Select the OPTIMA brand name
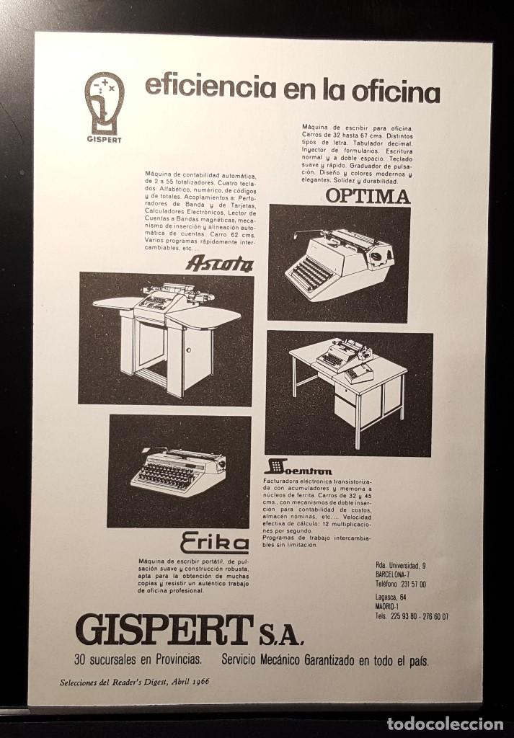(x=368, y=195)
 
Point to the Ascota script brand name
(x=219, y=264)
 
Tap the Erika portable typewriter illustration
(x=178, y=471)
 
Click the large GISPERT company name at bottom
(x=164, y=632)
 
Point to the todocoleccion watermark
(x=446, y=724)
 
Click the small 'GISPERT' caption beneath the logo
(x=105, y=139)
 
